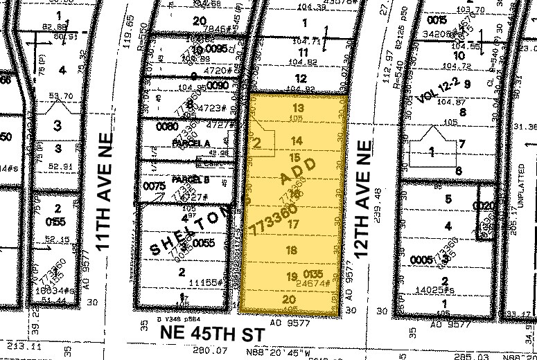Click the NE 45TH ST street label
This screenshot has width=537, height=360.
click(212, 333)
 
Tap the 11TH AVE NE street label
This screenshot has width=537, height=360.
click(105, 188)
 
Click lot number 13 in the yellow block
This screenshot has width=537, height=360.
click(298, 108)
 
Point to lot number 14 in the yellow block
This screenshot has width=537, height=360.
click(297, 141)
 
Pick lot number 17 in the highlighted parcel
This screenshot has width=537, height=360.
click(294, 224)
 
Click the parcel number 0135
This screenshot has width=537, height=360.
click(313, 275)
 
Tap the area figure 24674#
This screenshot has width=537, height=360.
click(311, 284)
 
